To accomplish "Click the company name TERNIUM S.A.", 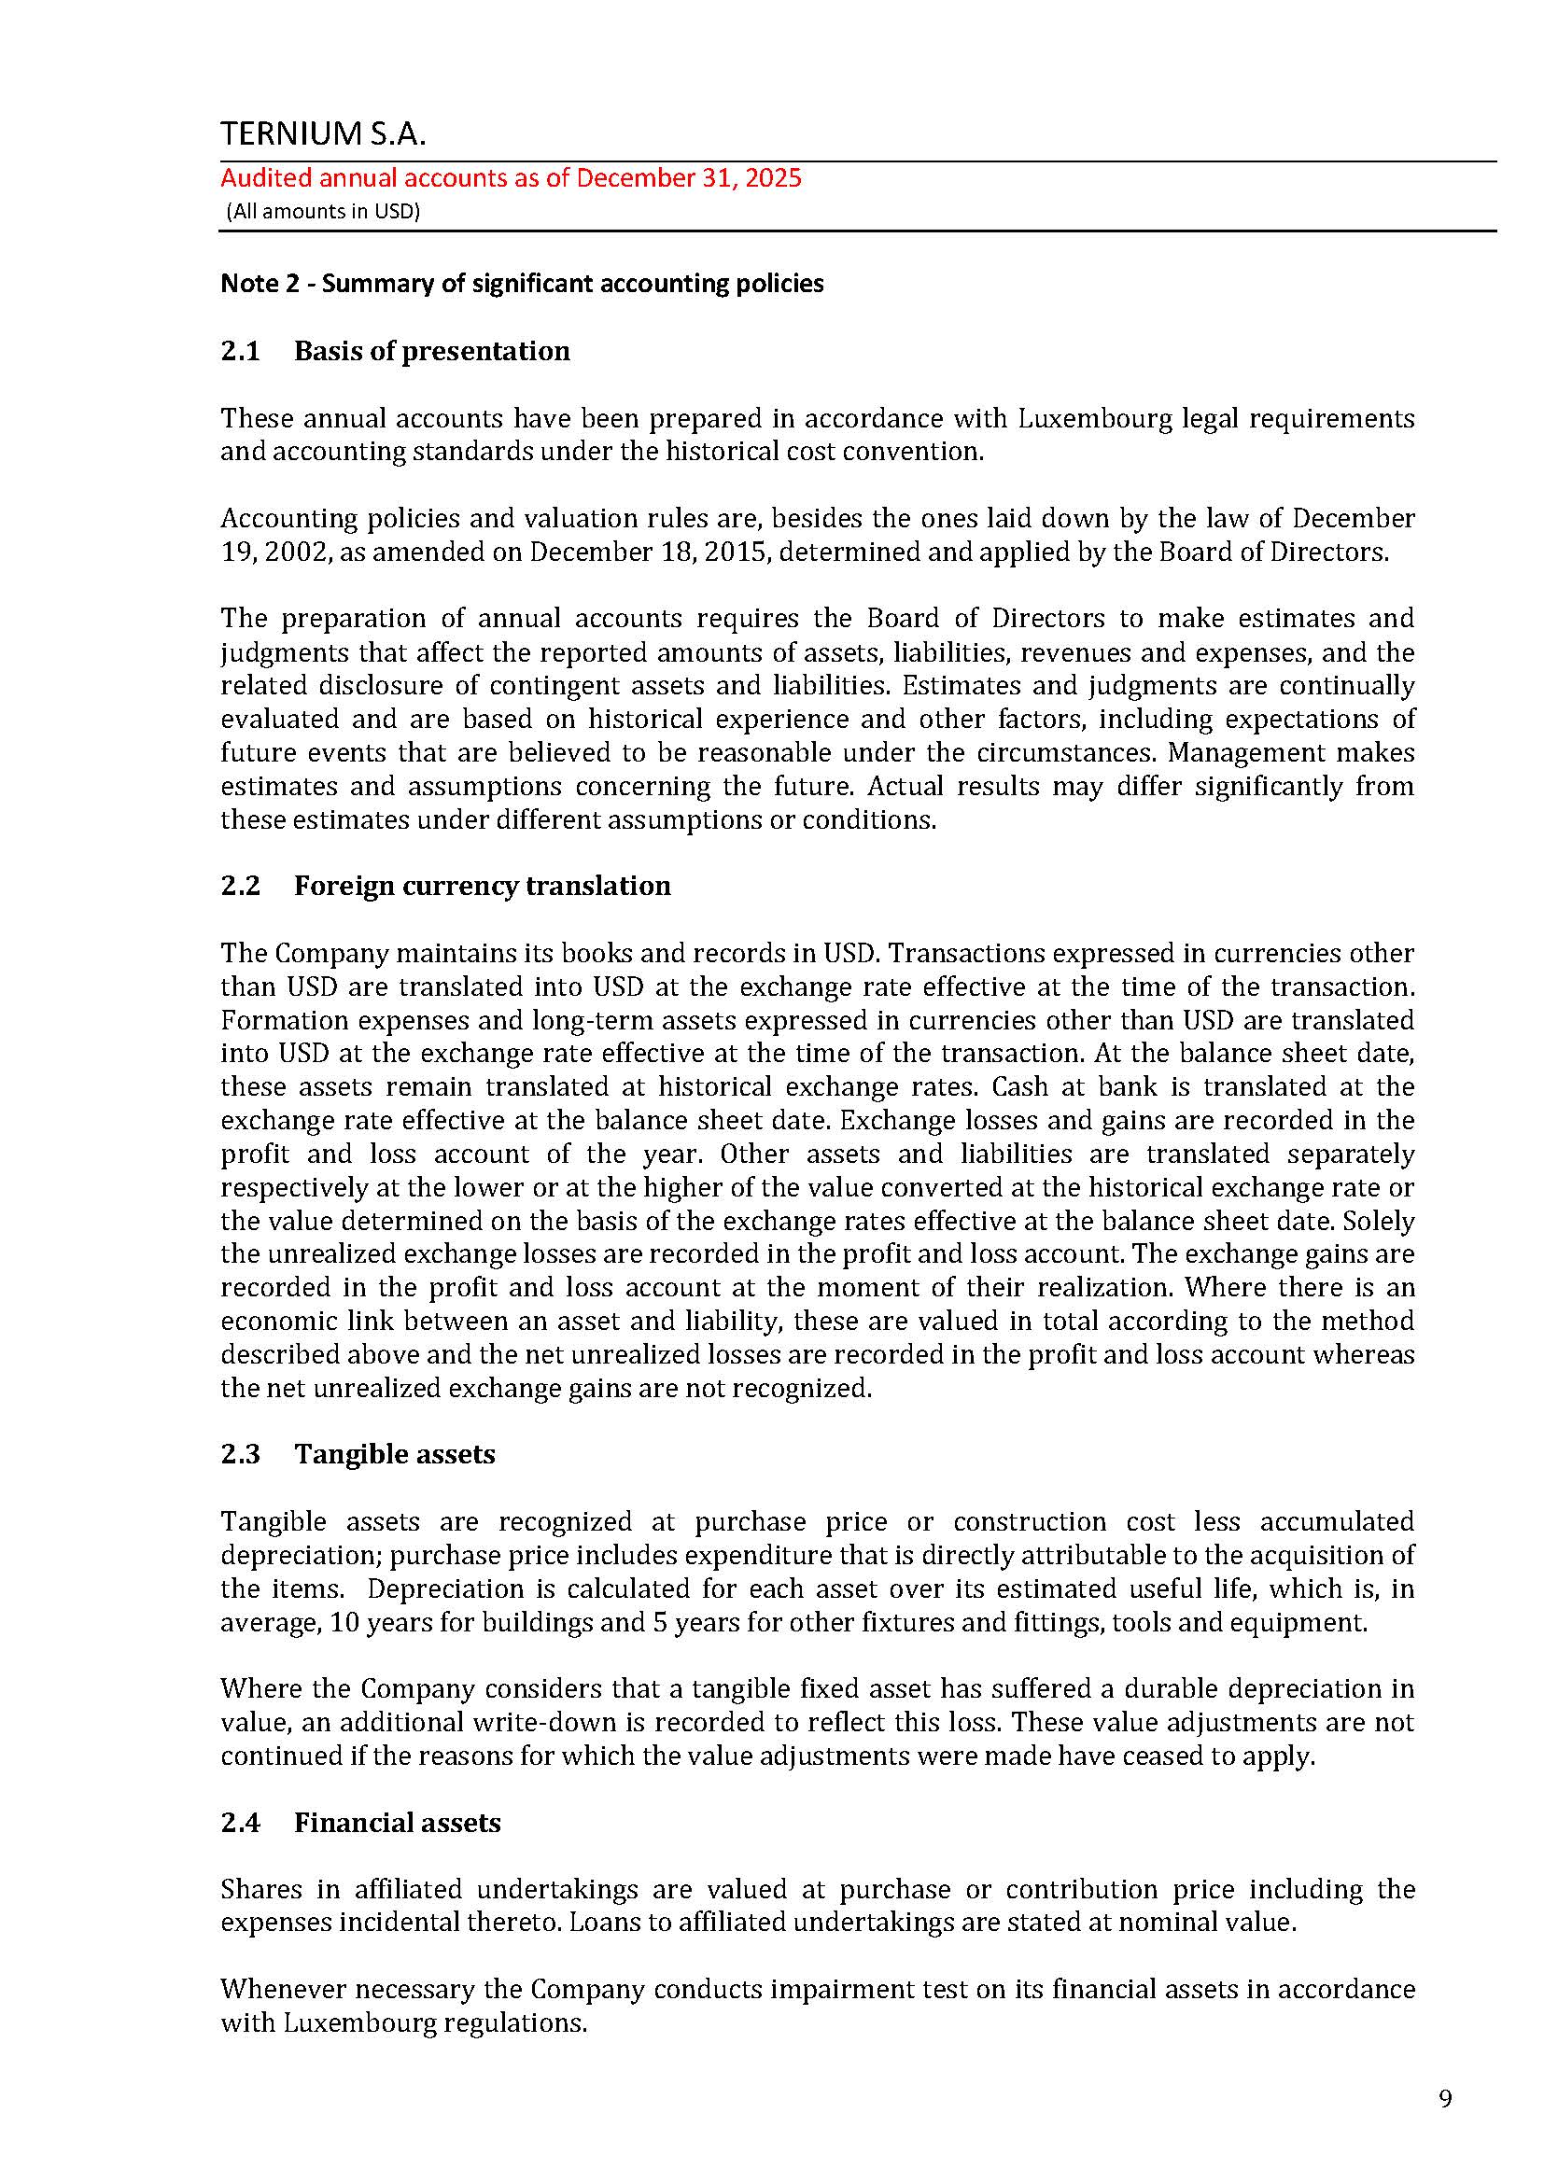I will (x=323, y=134).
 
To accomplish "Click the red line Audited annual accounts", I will (x=511, y=178).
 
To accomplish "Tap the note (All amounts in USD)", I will (x=322, y=211).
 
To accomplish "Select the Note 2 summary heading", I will (x=522, y=284).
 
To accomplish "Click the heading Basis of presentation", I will (x=431, y=351).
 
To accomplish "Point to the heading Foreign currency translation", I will (x=482, y=885).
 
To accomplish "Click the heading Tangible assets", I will (x=395, y=1454).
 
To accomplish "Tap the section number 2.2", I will (x=241, y=885).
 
